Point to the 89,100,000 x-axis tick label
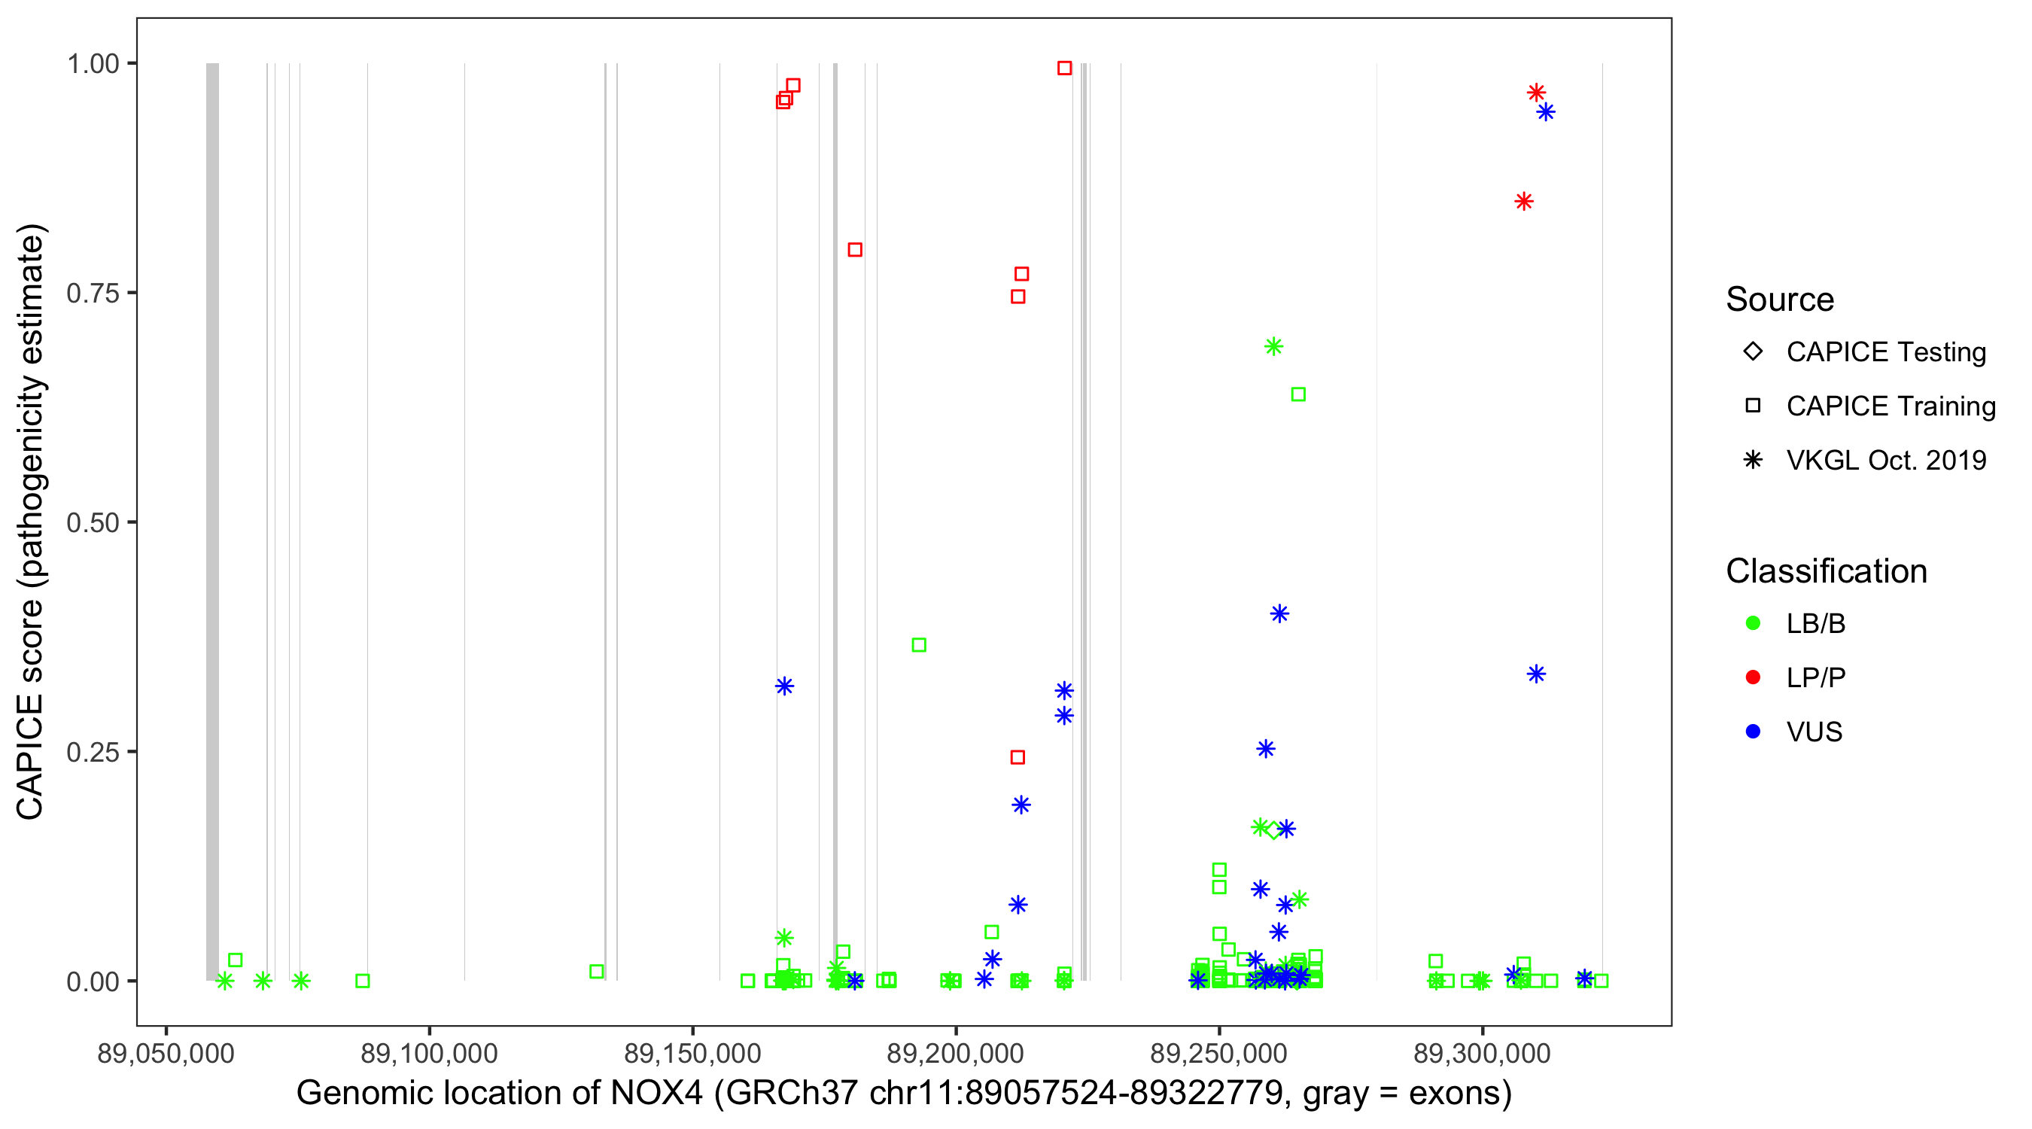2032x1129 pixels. click(428, 1053)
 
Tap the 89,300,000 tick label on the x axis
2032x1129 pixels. click(1481, 1053)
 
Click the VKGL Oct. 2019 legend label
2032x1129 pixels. click(1885, 461)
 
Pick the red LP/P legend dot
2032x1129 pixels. click(1753, 677)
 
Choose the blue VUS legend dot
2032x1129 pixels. click(1753, 732)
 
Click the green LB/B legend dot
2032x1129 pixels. click(1753, 624)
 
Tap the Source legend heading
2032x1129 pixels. click(1780, 300)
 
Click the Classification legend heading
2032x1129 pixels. click(1826, 571)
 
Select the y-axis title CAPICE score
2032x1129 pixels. click(32, 522)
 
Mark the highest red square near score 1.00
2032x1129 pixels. click(1064, 68)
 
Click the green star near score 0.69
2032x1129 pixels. click(1273, 346)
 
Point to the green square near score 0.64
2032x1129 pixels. click(1298, 394)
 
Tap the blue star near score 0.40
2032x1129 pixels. click(1279, 614)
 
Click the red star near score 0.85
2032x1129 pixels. click(1524, 202)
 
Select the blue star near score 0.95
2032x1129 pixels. click(1546, 112)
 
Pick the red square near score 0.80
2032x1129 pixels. click(855, 250)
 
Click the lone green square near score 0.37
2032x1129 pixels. click(919, 645)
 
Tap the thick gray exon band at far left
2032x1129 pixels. click(212, 522)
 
